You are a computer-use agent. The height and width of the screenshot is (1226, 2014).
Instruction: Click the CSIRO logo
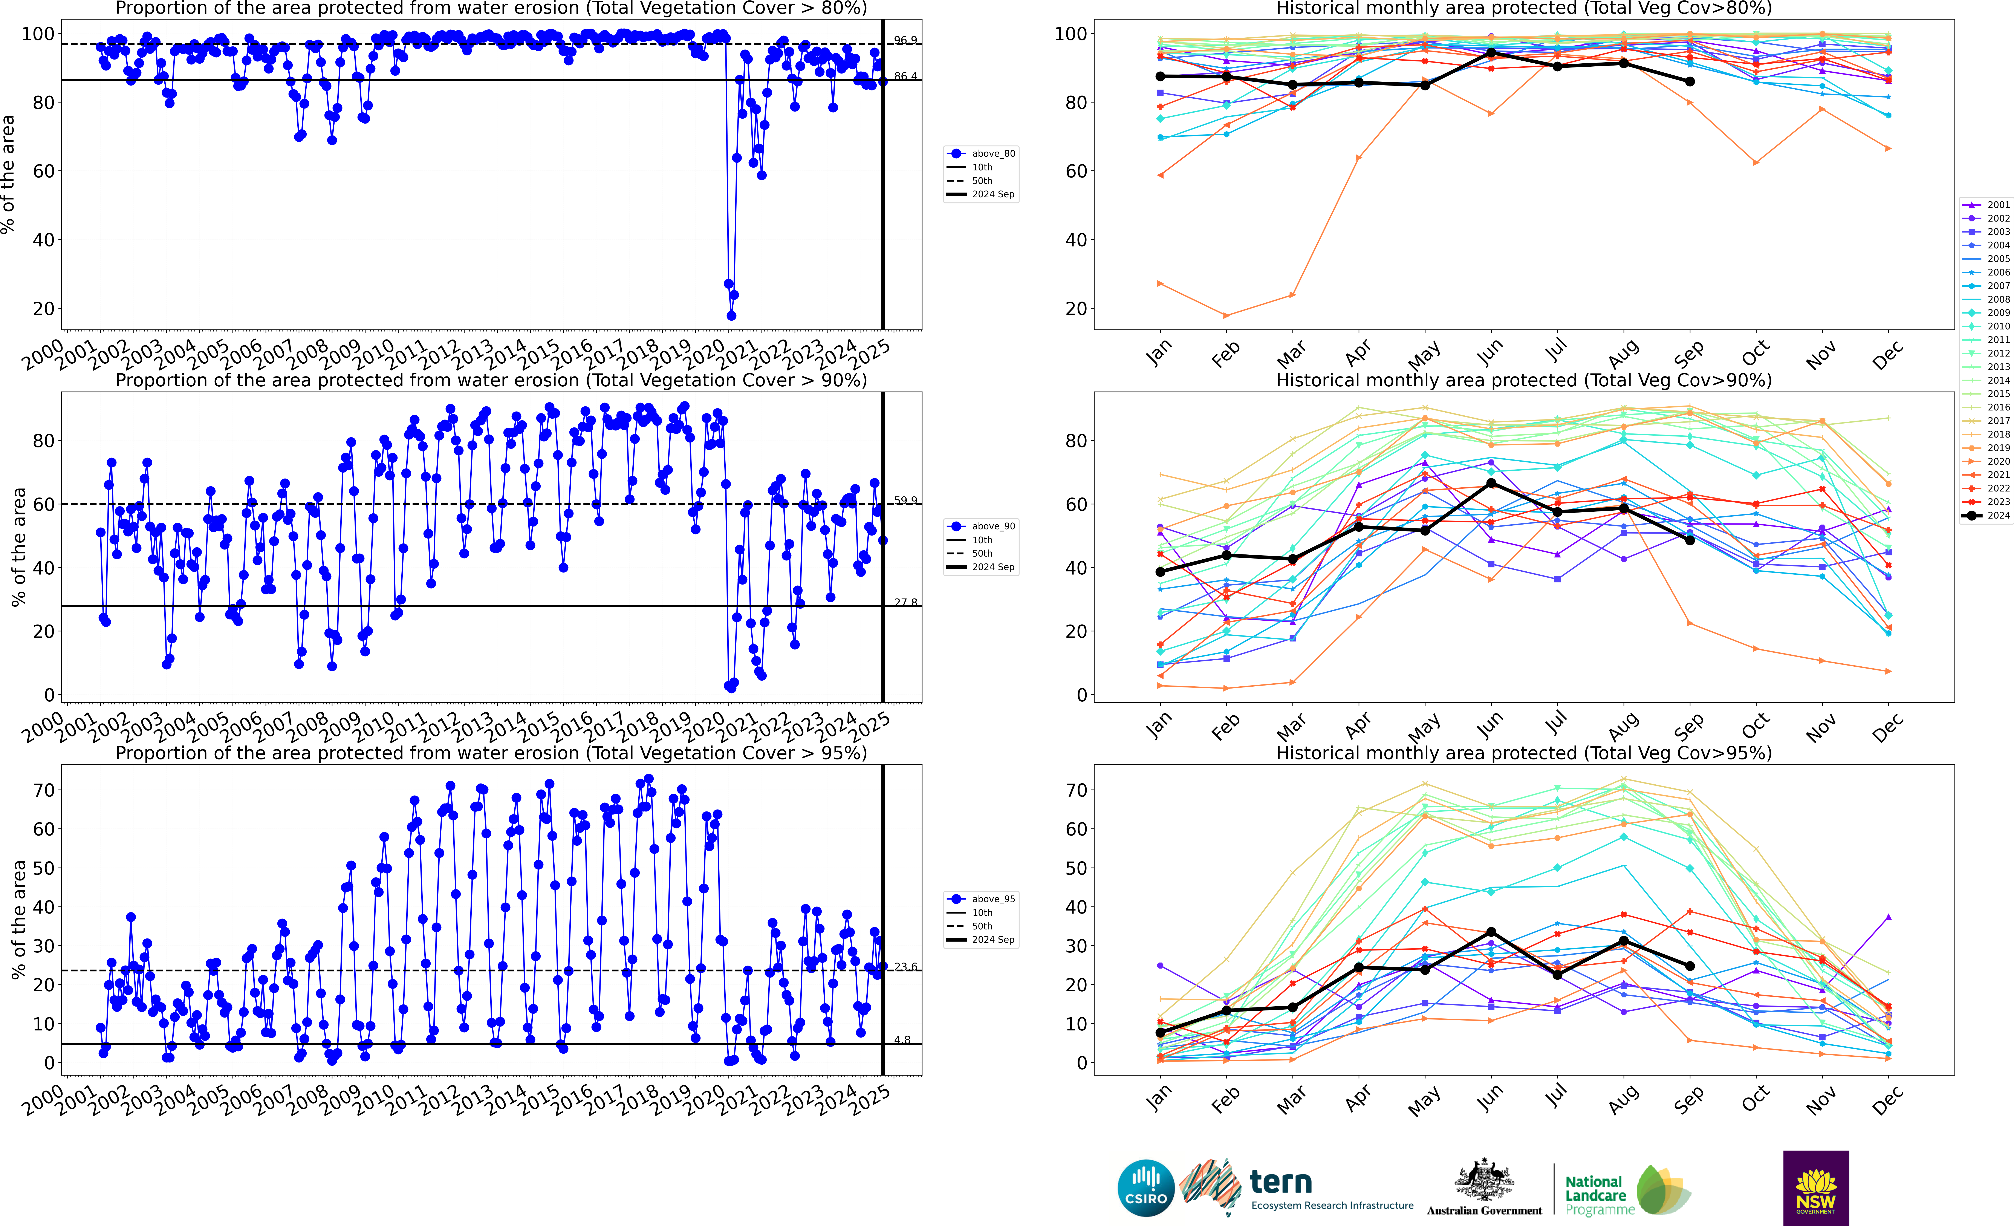point(1146,1188)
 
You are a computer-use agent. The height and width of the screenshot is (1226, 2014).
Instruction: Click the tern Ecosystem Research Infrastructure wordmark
point(1331,1189)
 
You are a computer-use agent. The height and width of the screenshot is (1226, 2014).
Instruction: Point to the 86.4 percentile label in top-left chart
point(905,76)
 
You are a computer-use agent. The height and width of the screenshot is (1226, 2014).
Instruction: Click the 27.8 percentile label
point(905,602)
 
